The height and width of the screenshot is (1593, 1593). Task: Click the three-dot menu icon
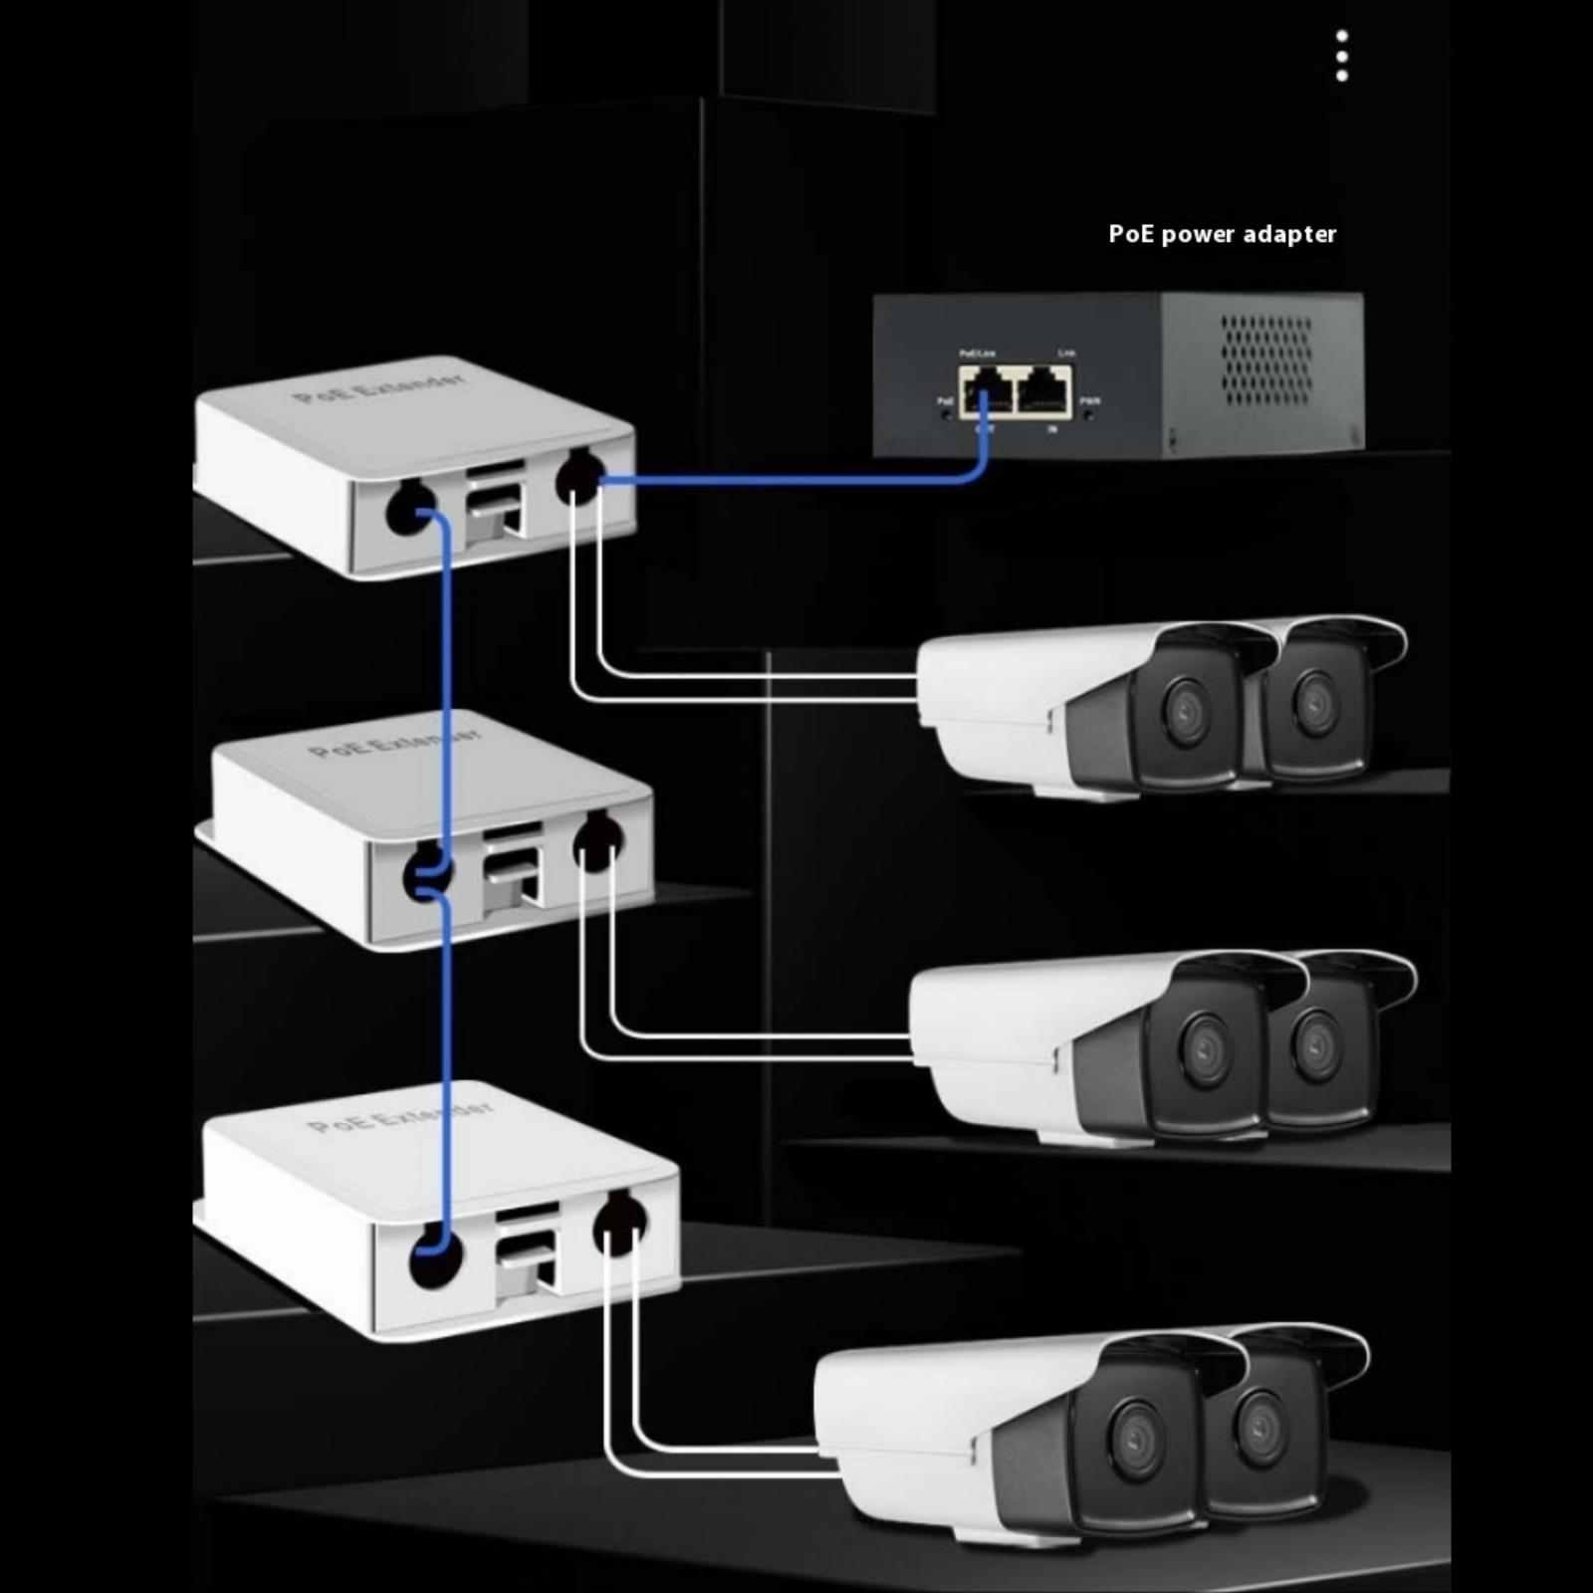(1341, 55)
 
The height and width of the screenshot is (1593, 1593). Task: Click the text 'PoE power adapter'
(1222, 234)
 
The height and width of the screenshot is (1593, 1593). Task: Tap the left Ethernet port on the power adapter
(985, 390)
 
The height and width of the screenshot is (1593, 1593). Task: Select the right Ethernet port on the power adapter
(1042, 390)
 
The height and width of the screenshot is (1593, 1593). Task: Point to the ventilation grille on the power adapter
(1266, 360)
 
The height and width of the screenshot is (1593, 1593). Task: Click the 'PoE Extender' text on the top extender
(378, 387)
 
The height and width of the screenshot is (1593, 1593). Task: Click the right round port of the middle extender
(597, 841)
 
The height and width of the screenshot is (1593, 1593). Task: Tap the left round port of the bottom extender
(436, 1256)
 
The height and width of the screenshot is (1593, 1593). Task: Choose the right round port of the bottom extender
(619, 1225)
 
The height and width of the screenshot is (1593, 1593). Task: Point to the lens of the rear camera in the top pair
(1314, 700)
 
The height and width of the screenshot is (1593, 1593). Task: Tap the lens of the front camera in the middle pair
(1204, 1048)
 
